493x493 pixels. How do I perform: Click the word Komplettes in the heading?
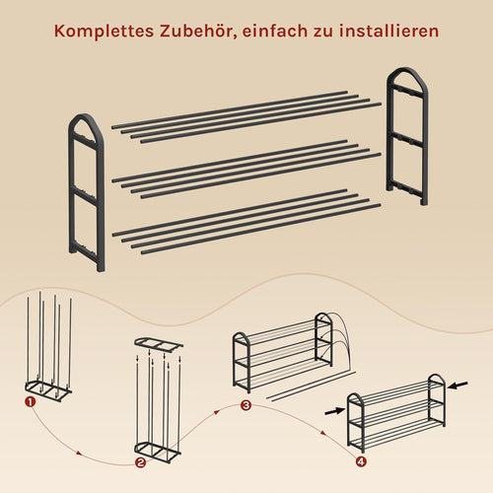104,32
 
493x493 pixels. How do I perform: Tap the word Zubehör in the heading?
198,32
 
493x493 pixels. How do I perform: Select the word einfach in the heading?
274,31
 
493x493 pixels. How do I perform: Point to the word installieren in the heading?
389,31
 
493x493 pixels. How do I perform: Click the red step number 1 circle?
31,402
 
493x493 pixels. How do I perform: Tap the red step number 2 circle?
140,462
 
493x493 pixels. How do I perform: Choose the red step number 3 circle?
246,405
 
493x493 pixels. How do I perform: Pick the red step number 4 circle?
361,461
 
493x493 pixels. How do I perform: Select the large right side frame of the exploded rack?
389,138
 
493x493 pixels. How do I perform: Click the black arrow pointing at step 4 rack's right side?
458,386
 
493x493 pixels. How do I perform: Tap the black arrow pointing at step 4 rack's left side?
335,411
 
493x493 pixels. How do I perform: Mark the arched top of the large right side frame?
407,70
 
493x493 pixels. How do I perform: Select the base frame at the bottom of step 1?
48,388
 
